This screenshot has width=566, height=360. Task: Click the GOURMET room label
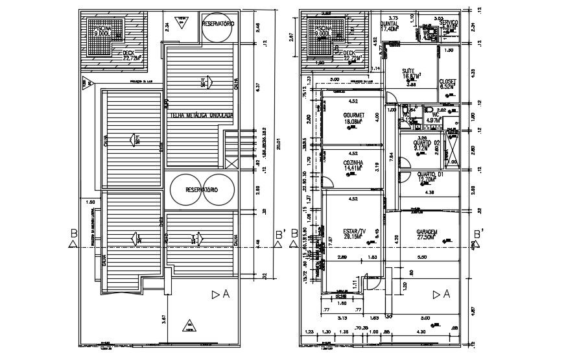[x=353, y=115]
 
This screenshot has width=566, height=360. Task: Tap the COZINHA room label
[x=353, y=163]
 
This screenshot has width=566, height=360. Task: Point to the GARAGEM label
[x=427, y=232]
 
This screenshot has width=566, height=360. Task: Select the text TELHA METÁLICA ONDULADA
[x=201, y=115]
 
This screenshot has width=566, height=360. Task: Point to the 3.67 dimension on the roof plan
[x=165, y=318]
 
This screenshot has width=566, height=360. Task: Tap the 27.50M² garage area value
[x=427, y=238]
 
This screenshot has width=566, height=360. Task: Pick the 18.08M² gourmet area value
[x=353, y=121]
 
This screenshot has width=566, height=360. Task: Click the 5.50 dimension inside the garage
[x=421, y=258]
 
